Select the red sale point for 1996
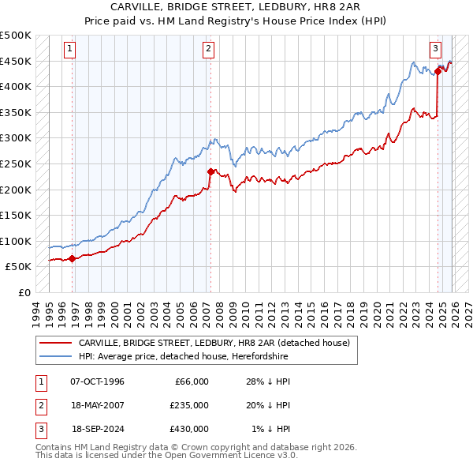pos(72,257)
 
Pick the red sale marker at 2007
pos(210,171)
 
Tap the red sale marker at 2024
pos(438,71)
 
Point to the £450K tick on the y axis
pos(16,61)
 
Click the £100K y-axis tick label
pos(16,241)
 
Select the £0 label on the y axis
pos(24,292)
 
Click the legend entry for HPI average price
pos(184,356)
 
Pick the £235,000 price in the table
pos(188,405)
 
